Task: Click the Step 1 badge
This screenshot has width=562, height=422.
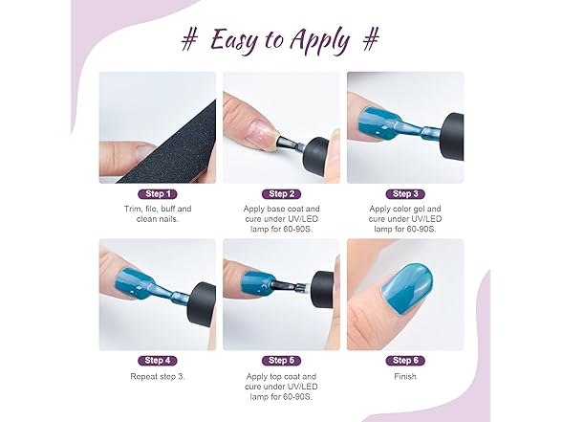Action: click(158, 194)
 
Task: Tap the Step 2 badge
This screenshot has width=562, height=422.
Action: click(281, 194)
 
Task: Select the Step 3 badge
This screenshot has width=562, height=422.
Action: click(405, 194)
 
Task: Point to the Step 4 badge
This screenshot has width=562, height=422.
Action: click(158, 360)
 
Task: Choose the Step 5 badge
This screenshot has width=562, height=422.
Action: click(281, 360)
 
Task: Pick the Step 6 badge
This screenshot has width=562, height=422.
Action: click(405, 360)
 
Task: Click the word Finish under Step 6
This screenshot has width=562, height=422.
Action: click(405, 376)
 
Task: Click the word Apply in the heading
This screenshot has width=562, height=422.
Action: click(319, 41)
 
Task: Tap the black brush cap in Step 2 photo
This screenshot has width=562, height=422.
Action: click(315, 156)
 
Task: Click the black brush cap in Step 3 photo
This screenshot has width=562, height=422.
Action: click(451, 137)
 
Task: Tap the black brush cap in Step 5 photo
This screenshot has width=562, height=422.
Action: click(322, 290)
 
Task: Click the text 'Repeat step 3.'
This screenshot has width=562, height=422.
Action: click(158, 376)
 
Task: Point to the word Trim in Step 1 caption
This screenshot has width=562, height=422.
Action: click(132, 209)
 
